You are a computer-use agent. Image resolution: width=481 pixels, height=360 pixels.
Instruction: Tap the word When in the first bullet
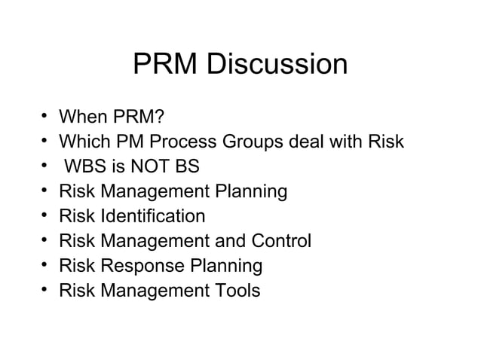point(84,117)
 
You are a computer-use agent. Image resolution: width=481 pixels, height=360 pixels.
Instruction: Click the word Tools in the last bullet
point(235,291)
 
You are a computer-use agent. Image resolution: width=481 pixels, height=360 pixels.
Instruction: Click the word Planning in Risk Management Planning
point(250,192)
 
